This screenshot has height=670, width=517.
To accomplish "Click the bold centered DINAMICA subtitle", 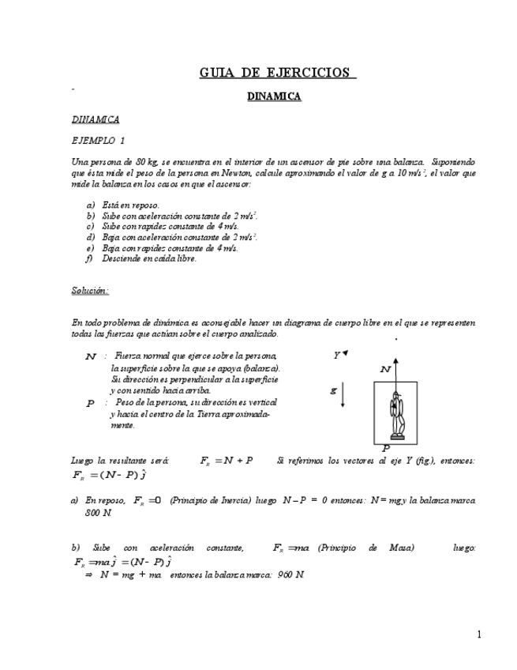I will (x=274, y=96).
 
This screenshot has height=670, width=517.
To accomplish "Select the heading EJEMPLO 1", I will (x=98, y=141).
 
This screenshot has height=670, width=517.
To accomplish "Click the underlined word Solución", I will (x=89, y=290).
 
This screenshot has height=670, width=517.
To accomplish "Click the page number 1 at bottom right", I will (x=478, y=634).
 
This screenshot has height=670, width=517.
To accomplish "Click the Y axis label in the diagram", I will (x=336, y=356).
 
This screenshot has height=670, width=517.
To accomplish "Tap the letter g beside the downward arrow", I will (x=333, y=390).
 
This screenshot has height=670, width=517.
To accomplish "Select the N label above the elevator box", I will (x=385, y=369).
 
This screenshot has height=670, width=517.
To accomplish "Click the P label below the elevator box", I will (x=385, y=448).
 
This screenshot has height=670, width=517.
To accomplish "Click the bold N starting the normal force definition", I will (x=91, y=357).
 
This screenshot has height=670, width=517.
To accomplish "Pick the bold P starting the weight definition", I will (x=90, y=403).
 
